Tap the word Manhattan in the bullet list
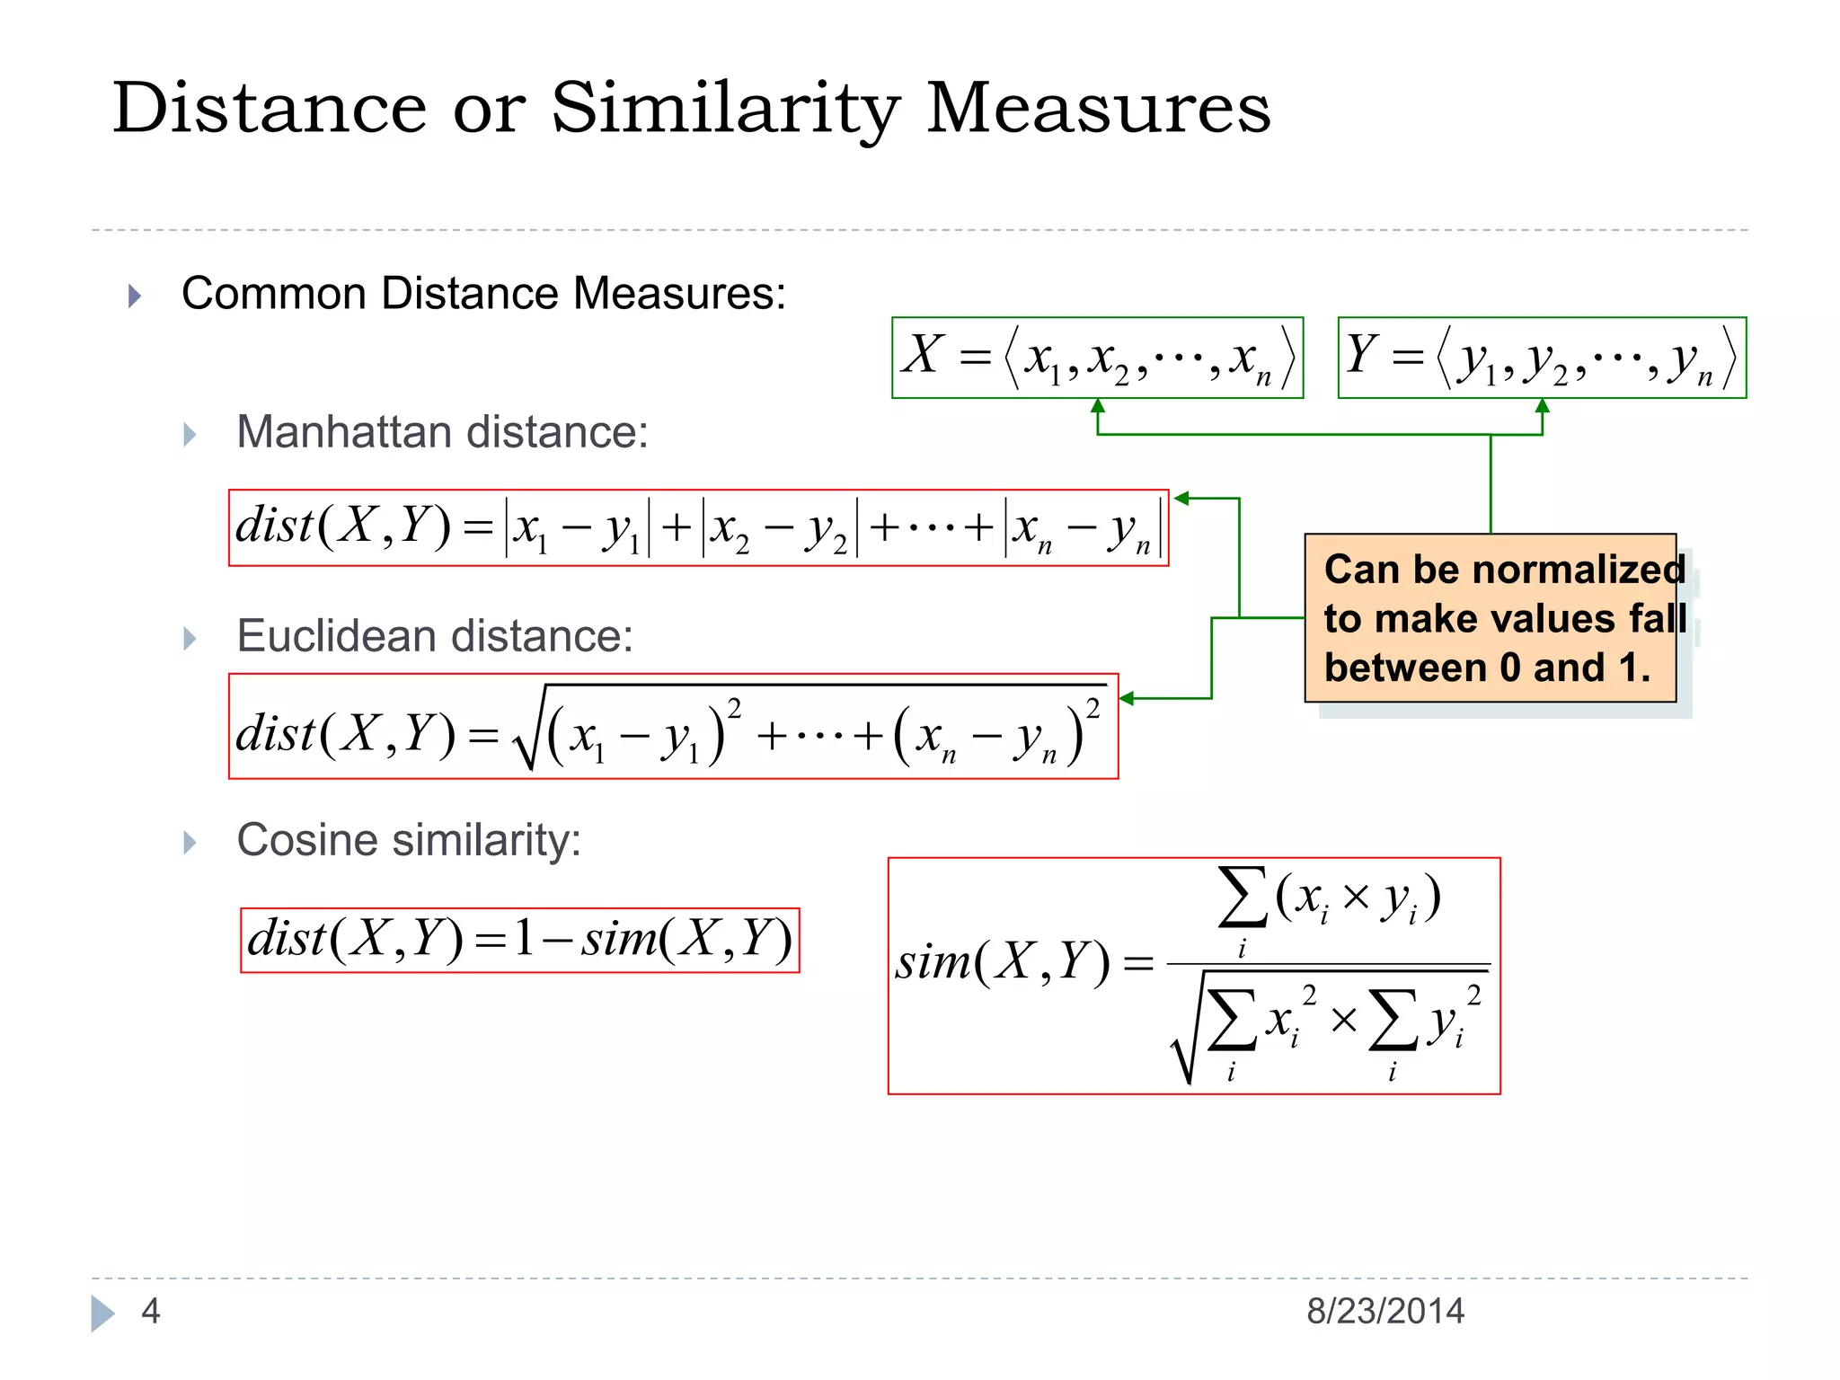[x=342, y=432]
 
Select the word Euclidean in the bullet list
[x=336, y=636]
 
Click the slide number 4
[x=151, y=1311]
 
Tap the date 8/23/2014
[x=1384, y=1311]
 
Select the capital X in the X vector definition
[x=924, y=354]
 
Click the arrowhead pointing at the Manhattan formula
[x=1182, y=499]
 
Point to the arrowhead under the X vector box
[x=1097, y=406]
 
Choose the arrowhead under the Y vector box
[x=1543, y=406]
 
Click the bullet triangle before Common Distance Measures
[x=135, y=296]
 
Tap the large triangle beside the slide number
[x=102, y=1313]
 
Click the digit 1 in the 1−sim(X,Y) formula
[x=525, y=939]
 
